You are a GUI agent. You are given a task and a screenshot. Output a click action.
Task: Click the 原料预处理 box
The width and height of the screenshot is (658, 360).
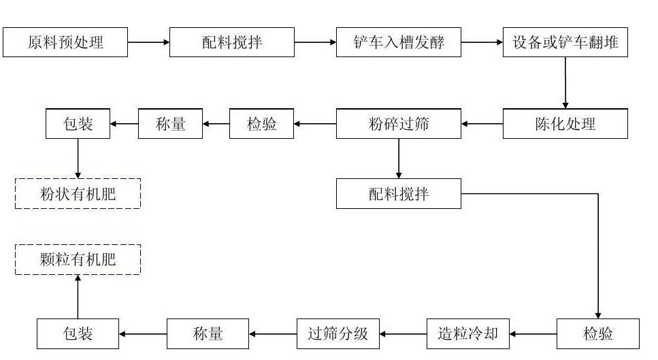[65, 42]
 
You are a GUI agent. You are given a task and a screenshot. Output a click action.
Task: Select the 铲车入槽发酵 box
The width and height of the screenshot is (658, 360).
[399, 42]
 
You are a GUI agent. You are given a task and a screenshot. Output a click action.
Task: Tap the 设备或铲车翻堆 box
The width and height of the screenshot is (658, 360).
[565, 42]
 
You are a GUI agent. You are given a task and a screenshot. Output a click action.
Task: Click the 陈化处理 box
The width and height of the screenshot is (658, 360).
[565, 124]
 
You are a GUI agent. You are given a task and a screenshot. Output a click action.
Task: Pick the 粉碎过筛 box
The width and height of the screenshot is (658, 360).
[399, 124]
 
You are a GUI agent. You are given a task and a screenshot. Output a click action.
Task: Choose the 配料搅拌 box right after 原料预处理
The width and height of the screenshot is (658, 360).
[232, 42]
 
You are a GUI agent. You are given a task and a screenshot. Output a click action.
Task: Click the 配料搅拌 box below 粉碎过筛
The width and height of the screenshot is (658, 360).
[399, 194]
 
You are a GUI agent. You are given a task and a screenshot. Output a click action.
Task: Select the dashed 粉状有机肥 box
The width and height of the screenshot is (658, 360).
[78, 194]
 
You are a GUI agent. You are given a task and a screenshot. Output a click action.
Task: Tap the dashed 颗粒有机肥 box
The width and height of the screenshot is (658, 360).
[78, 259]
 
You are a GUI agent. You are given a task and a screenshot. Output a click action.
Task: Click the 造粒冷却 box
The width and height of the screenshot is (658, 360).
[467, 333]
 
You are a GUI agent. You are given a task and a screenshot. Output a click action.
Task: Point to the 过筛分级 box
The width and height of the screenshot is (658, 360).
[338, 333]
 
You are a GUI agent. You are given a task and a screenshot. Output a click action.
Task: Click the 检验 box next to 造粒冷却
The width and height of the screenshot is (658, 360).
[598, 333]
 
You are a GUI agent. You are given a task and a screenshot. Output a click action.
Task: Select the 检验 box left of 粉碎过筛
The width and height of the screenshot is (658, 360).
[262, 124]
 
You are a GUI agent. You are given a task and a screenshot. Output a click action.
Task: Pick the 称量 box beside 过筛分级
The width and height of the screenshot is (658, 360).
[208, 333]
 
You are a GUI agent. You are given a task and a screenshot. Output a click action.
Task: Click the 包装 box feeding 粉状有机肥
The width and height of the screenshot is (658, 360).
[78, 124]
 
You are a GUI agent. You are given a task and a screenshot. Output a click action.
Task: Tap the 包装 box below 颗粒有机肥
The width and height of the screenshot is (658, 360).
[78, 333]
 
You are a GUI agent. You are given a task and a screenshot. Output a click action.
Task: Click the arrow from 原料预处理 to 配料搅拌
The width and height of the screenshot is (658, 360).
[148, 42]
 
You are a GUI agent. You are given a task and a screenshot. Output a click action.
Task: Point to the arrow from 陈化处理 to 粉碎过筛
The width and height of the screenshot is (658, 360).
[482, 124]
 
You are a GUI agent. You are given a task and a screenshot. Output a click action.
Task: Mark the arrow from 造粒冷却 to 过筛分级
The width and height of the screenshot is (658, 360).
[404, 333]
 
